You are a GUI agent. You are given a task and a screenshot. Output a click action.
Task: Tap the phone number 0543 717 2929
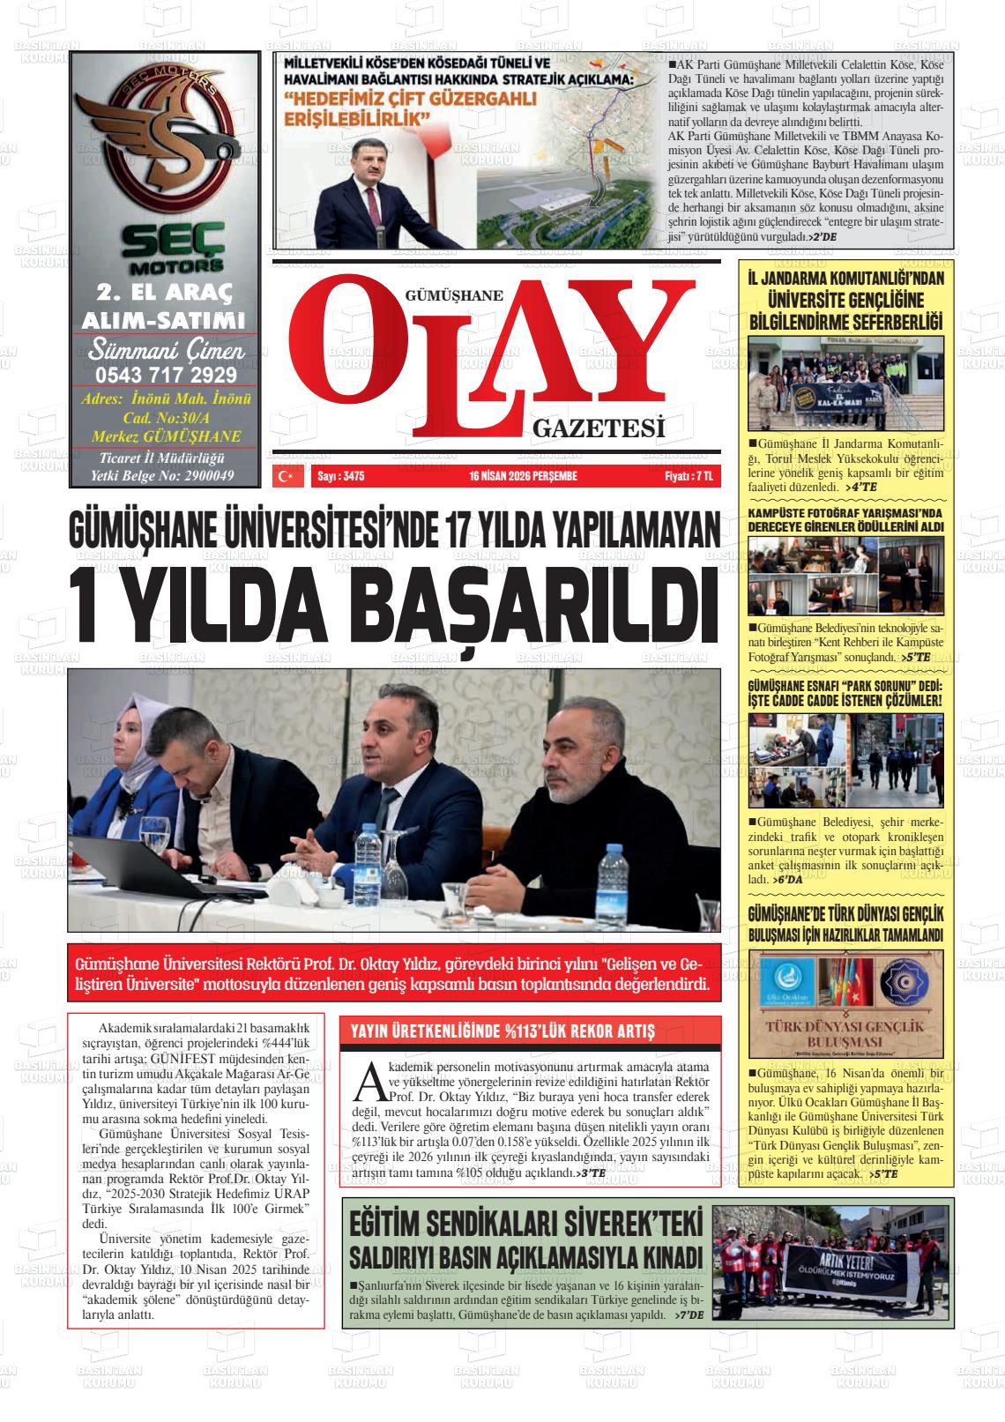coord(166,374)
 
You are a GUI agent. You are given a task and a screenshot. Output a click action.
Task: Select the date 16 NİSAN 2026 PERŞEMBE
coord(523,476)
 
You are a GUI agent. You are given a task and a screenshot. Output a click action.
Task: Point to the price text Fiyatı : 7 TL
coord(688,476)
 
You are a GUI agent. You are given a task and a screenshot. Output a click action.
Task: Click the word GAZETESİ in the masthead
coord(598,428)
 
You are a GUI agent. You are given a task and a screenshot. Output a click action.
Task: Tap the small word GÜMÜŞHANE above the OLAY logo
coord(452,296)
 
